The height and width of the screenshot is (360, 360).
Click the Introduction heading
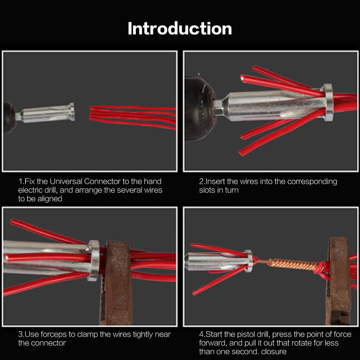[x=180, y=29]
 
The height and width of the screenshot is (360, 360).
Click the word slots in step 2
[x=207, y=190]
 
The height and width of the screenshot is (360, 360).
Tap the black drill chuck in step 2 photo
[x=200, y=108]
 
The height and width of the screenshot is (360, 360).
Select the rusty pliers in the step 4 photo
[x=338, y=281]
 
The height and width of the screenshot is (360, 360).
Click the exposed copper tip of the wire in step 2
[x=242, y=78]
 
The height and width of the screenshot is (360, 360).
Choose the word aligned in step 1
[x=50, y=199]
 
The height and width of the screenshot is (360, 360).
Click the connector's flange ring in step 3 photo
[x=94, y=260]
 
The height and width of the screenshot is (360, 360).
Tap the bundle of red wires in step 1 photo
[x=133, y=117]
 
